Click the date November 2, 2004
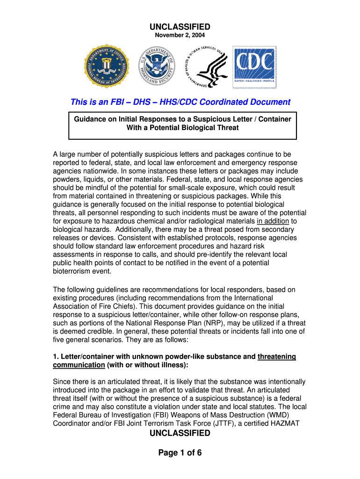click(180, 35)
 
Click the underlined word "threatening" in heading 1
click(277, 356)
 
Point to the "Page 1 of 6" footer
click(180, 452)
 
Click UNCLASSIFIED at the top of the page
click(180, 27)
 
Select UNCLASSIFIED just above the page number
click(180, 433)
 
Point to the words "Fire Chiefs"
click(113, 306)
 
